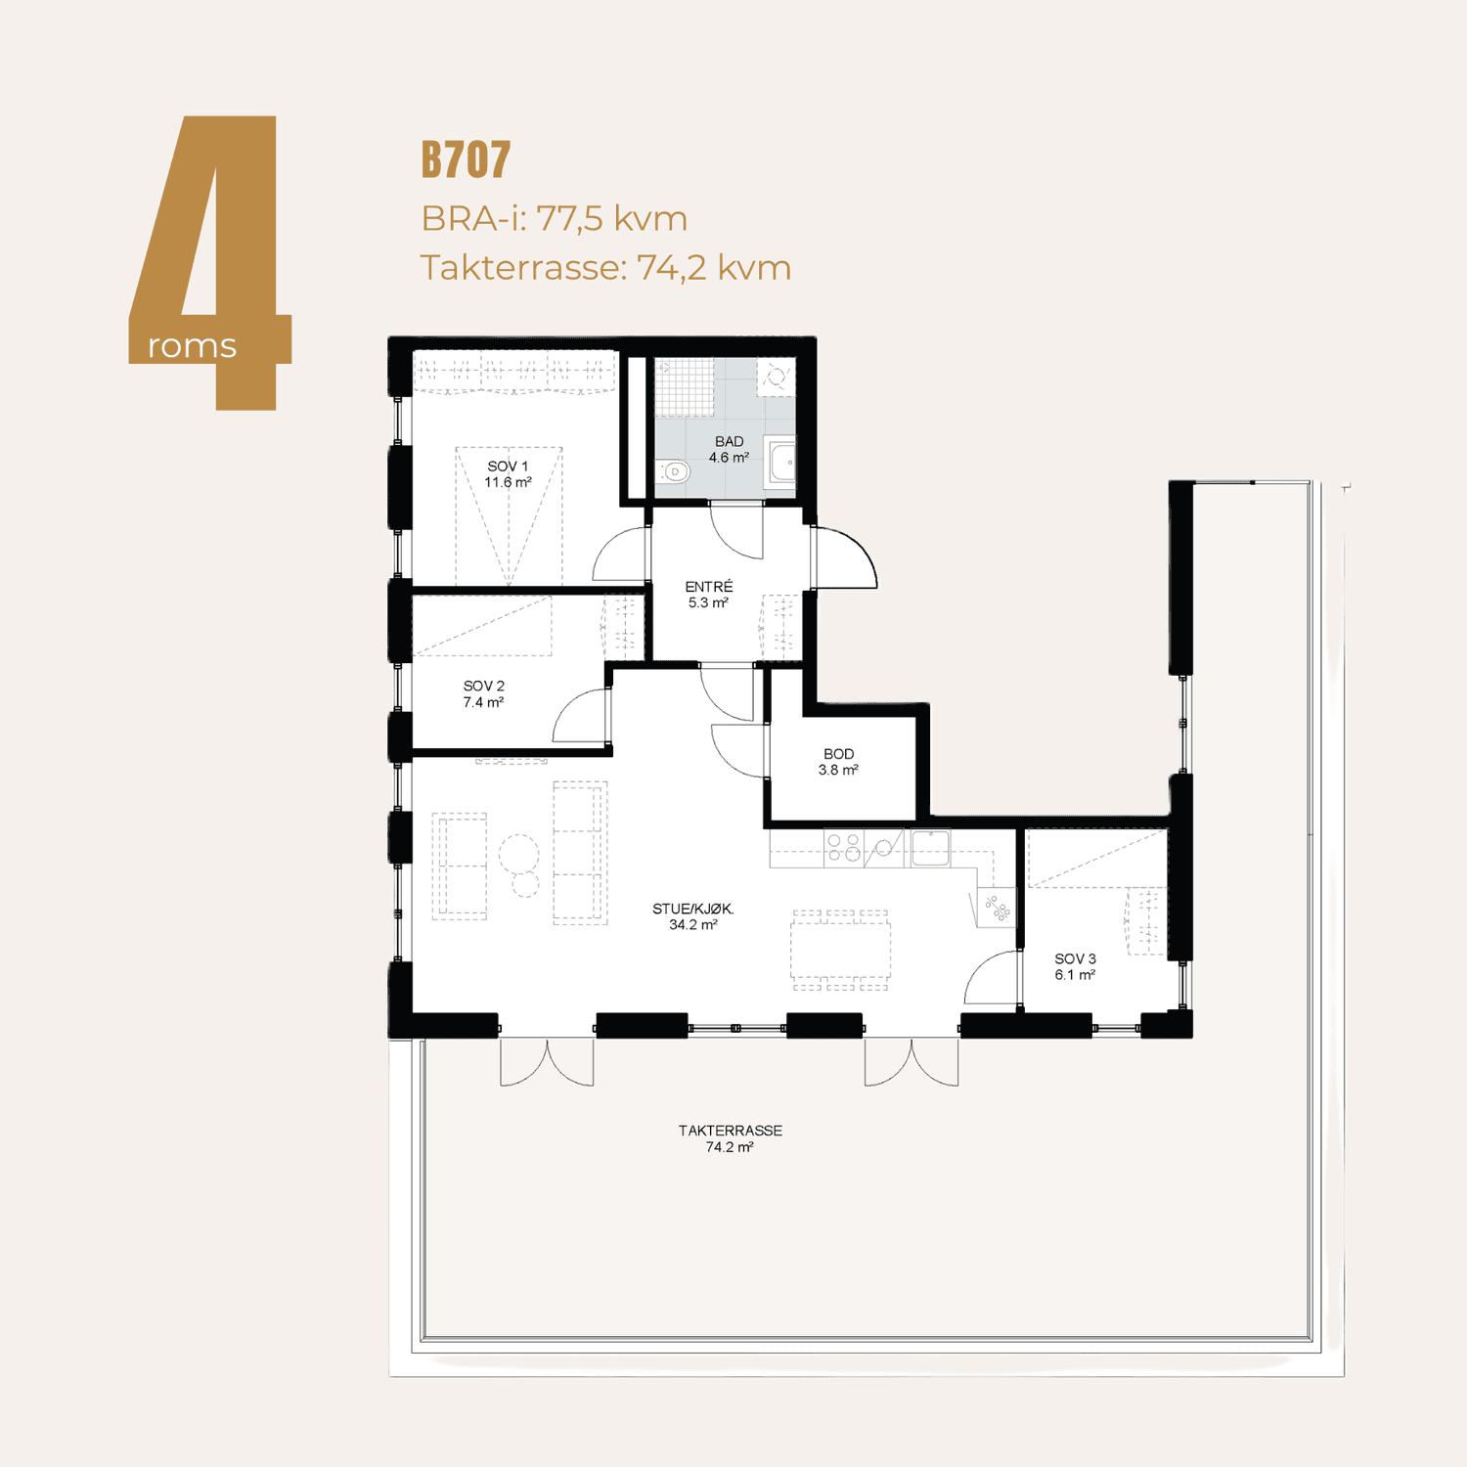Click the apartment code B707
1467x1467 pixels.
click(466, 159)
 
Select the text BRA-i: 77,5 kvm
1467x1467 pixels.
click(554, 218)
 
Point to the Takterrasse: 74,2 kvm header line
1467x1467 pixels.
click(605, 267)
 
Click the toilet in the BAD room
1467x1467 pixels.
click(674, 471)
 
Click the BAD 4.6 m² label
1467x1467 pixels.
click(729, 450)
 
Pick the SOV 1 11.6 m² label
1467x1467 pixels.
click(508, 474)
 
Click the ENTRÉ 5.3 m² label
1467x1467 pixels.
click(708, 595)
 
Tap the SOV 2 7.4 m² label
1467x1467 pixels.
click(483, 694)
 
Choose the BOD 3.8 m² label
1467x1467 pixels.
click(838, 762)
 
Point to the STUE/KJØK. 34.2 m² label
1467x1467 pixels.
click(692, 916)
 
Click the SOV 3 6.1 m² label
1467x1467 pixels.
click(1075, 967)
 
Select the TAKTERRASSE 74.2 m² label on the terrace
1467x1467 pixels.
click(731, 1138)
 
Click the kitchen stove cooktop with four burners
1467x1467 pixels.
click(843, 847)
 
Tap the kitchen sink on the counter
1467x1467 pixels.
click(931, 847)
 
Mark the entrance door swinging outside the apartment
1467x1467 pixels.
click(845, 557)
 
